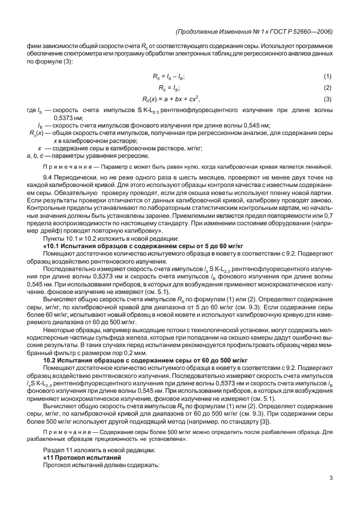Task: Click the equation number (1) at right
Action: tap(327, 77)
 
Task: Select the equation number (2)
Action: tap(327, 87)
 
